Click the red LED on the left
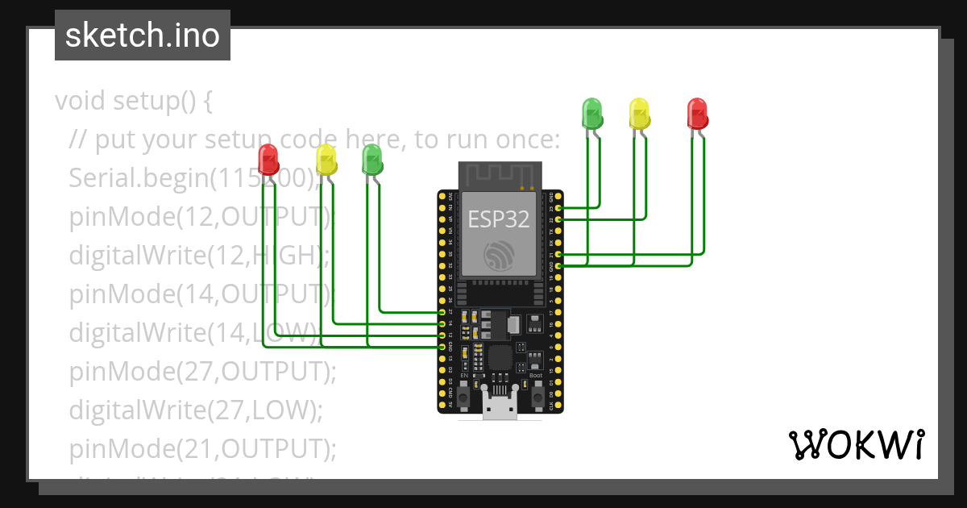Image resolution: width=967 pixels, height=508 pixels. coord(268,160)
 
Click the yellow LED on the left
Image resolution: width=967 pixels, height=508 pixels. coord(326,160)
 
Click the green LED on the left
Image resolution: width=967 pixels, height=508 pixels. coord(371,160)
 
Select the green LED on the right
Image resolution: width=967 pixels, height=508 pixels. coord(591,113)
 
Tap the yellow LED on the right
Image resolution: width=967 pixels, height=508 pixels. coord(639,113)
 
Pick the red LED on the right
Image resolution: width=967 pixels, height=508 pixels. coord(697,113)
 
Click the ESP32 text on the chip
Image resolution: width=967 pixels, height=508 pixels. coord(500,219)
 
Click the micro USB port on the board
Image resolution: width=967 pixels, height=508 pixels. coord(500,408)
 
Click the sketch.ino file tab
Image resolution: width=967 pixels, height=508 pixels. coord(143,35)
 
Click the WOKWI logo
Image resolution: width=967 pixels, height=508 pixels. coord(855,445)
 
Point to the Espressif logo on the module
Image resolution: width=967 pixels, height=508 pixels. coord(500,256)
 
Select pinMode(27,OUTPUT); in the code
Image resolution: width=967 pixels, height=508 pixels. coord(201,372)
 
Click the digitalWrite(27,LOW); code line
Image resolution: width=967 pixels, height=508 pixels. coord(195,410)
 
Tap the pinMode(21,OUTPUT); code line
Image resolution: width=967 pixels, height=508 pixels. coord(201,448)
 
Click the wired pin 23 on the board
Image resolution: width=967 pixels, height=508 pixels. coord(558,208)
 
